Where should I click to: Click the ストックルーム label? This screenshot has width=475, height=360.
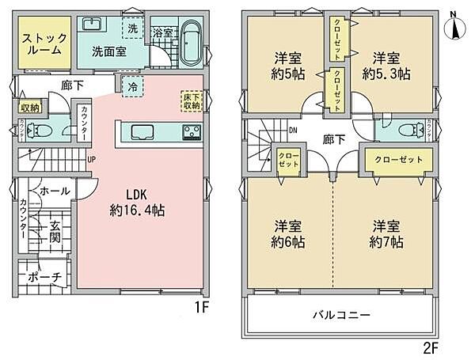pyautogui.click(x=44, y=44)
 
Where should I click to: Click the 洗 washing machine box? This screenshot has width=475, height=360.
pyautogui.click(x=133, y=28)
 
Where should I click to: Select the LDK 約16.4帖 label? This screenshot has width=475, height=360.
pyautogui.click(x=139, y=203)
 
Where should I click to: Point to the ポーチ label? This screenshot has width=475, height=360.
pyautogui.click(x=38, y=278)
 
